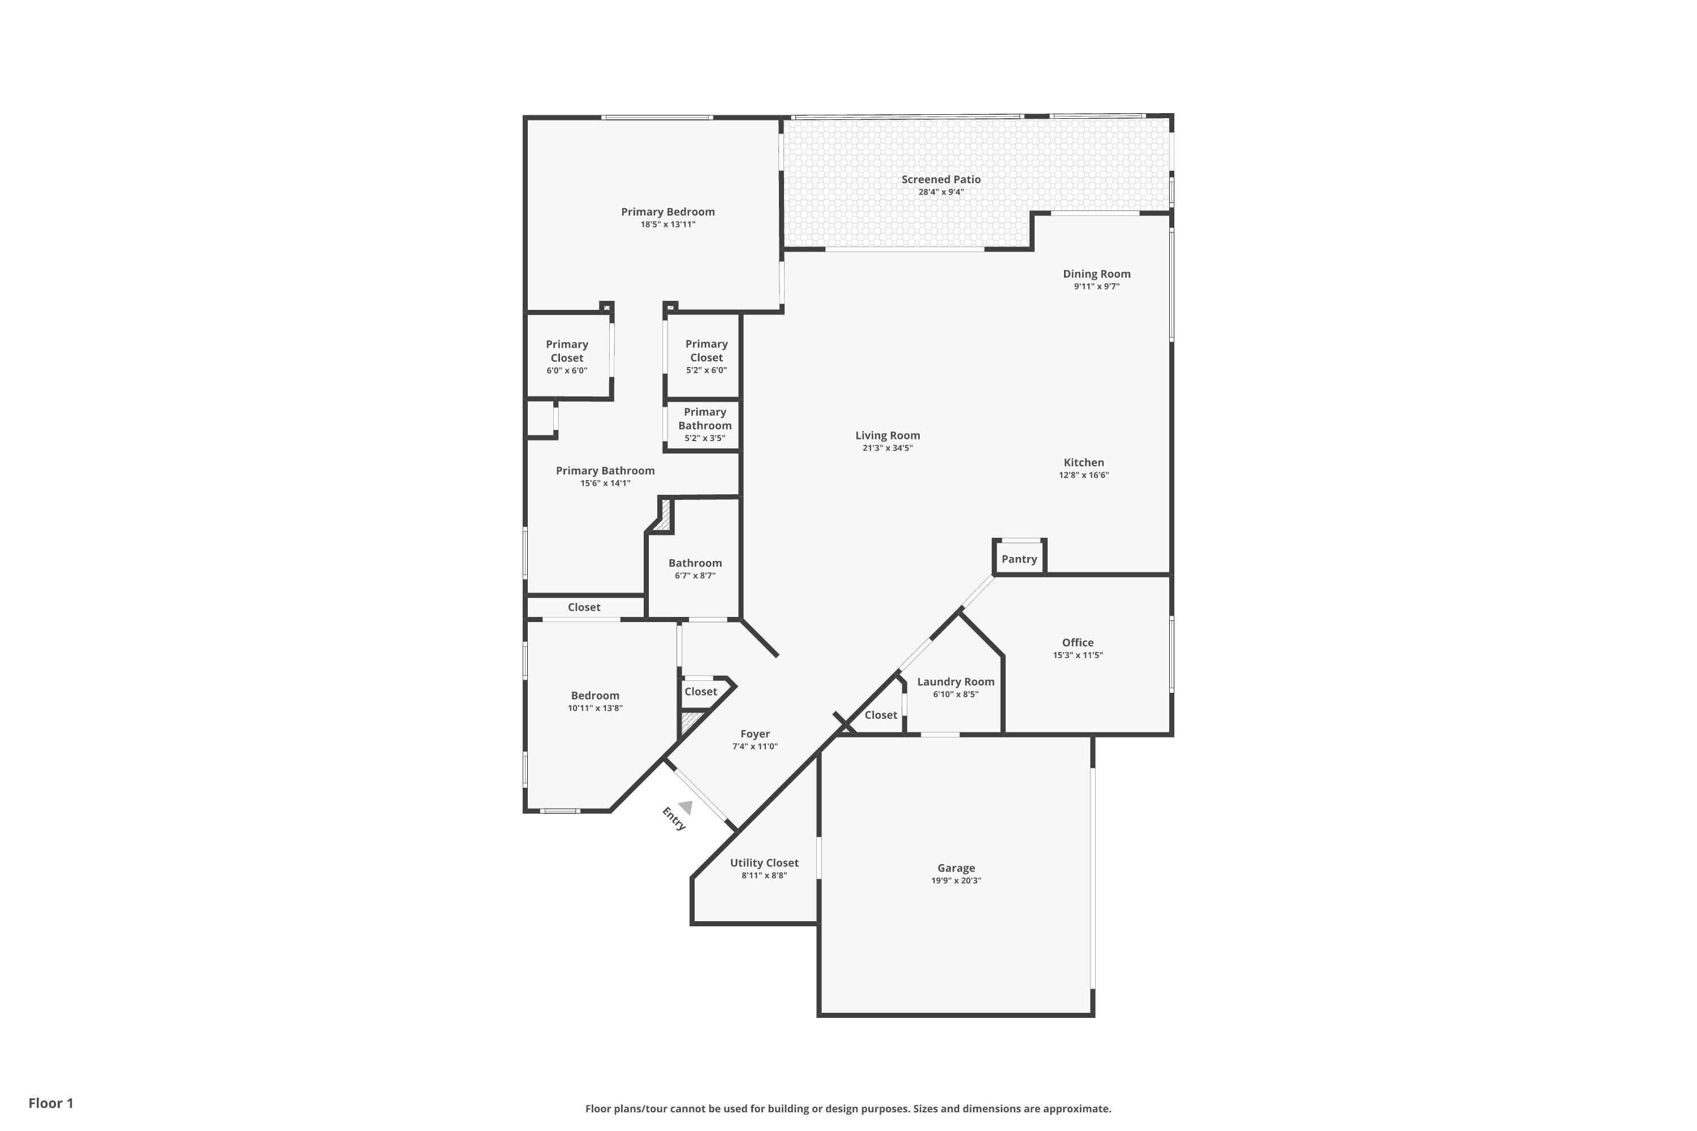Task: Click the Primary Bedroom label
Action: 667,212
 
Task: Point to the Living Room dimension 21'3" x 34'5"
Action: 888,448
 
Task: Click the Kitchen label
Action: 1083,463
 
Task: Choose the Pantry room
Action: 1019,559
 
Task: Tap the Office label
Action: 1077,642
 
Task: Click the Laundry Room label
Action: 955,681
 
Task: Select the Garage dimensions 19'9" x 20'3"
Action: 955,880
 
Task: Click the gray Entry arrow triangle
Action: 686,808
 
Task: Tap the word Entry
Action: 673,819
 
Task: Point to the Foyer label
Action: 755,734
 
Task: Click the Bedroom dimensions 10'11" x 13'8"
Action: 595,709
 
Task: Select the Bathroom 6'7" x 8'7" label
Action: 695,563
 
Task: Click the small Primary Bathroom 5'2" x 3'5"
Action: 704,425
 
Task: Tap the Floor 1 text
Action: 50,1103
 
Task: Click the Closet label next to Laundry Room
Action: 880,715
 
